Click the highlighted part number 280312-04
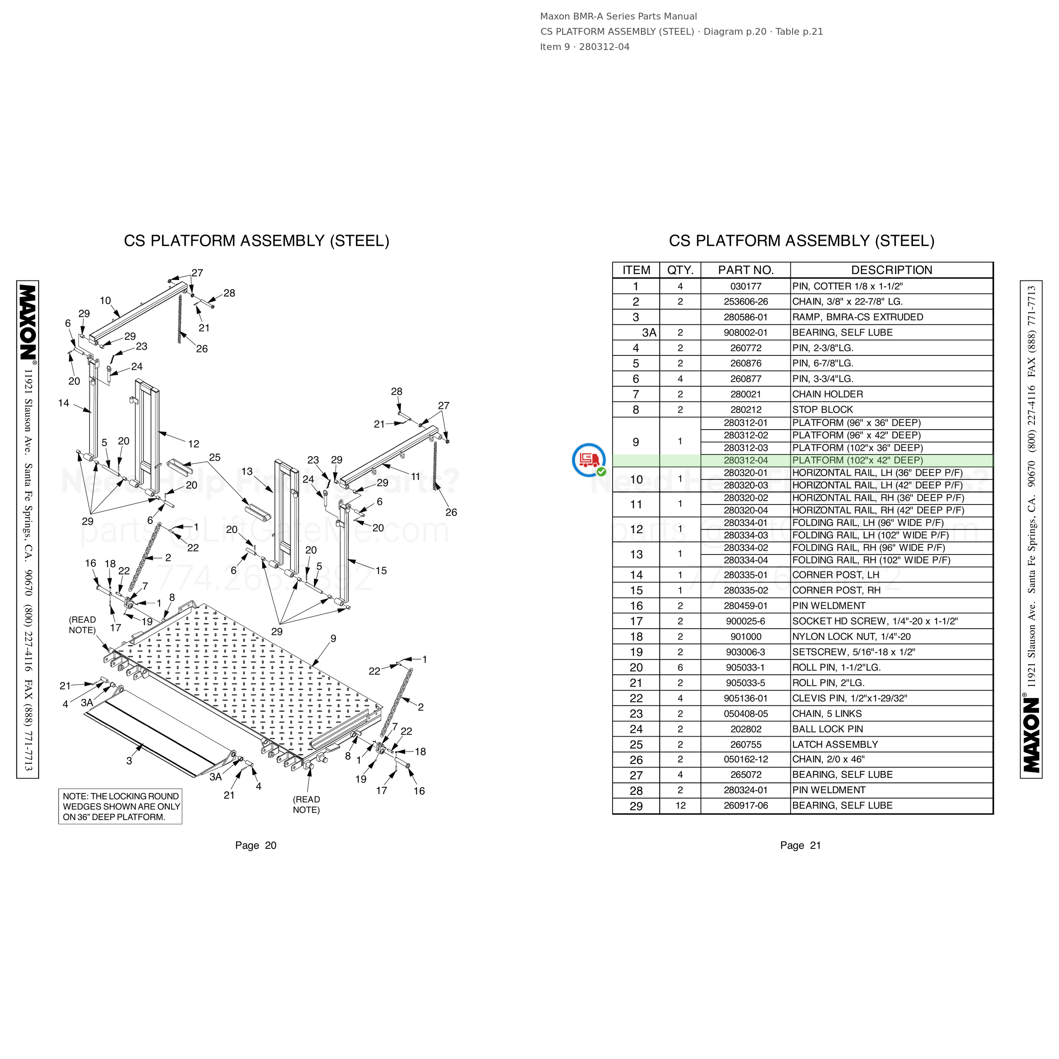746,460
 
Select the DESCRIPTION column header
891,270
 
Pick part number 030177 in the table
746,286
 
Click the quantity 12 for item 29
680,805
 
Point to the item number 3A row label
649,333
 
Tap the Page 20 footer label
255,846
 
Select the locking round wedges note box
121,806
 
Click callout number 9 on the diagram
333,639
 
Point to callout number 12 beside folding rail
194,444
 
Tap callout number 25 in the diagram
215,457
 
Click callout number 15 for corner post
381,571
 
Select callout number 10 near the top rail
105,301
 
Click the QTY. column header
680,270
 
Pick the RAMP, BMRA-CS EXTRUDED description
857,317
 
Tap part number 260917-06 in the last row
746,805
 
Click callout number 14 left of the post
64,403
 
